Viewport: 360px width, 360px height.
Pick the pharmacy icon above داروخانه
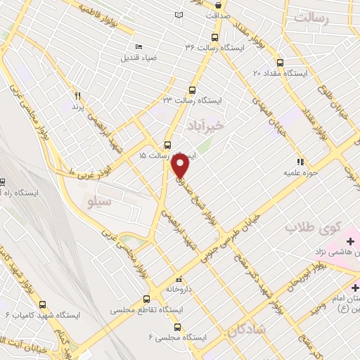point(178,277)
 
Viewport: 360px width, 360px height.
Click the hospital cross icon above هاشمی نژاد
point(349,243)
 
